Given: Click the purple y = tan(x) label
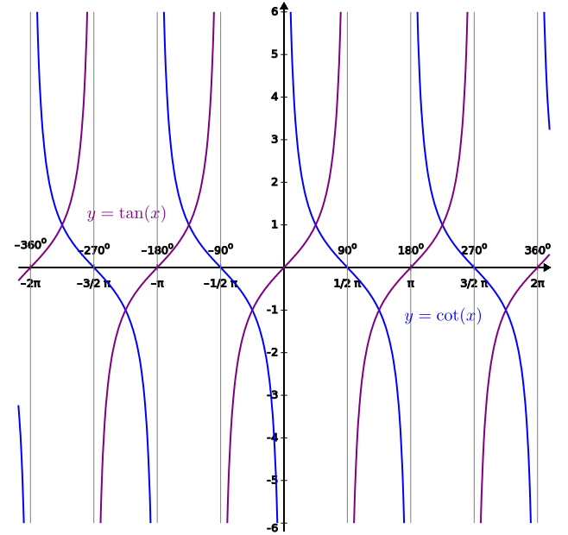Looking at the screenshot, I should click(126, 214).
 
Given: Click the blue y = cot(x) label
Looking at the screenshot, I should click(443, 317).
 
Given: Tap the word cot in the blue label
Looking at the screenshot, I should click(448, 317).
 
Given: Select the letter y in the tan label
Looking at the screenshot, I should click(92, 216).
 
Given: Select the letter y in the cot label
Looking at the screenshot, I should click(409, 318).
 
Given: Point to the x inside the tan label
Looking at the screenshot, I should click(155, 215).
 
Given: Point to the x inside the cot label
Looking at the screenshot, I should click(470, 318).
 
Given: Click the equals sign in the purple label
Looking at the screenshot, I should click(107, 214).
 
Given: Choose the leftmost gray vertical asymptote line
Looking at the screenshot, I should click(30, 259).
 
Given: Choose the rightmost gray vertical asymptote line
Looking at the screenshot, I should click(538, 259).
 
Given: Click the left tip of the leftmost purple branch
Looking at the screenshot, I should click(19, 280).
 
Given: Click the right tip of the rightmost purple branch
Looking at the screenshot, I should click(550, 255).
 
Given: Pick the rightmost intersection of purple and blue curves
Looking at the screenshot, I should click(507, 306).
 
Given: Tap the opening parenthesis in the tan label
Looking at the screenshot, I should click(147, 214).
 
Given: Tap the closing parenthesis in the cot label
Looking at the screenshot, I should click(478, 317).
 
